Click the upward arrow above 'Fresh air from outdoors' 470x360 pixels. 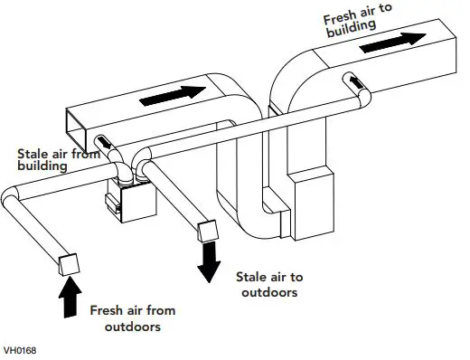69,297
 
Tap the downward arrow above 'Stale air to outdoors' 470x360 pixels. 211,263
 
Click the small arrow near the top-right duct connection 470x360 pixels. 360,84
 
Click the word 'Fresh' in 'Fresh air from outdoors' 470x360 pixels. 109,310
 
